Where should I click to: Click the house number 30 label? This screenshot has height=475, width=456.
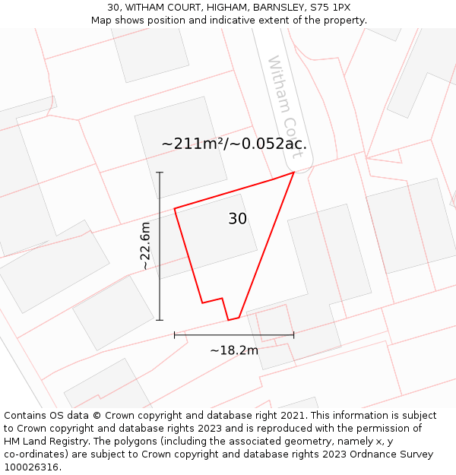(237, 219)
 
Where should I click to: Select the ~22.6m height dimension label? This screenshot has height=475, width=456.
(145, 246)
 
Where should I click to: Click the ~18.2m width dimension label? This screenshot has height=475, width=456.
(234, 350)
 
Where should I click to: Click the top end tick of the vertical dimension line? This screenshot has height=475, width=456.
(160, 173)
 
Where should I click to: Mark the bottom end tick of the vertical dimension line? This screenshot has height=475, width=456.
(160, 320)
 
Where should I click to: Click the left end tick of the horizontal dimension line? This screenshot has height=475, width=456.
(175, 334)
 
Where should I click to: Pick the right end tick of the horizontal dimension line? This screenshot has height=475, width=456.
(293, 334)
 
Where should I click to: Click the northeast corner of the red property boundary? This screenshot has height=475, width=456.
(293, 173)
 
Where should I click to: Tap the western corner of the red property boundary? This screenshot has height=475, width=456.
(175, 208)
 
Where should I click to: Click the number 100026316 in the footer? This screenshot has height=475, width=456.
(30, 467)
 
